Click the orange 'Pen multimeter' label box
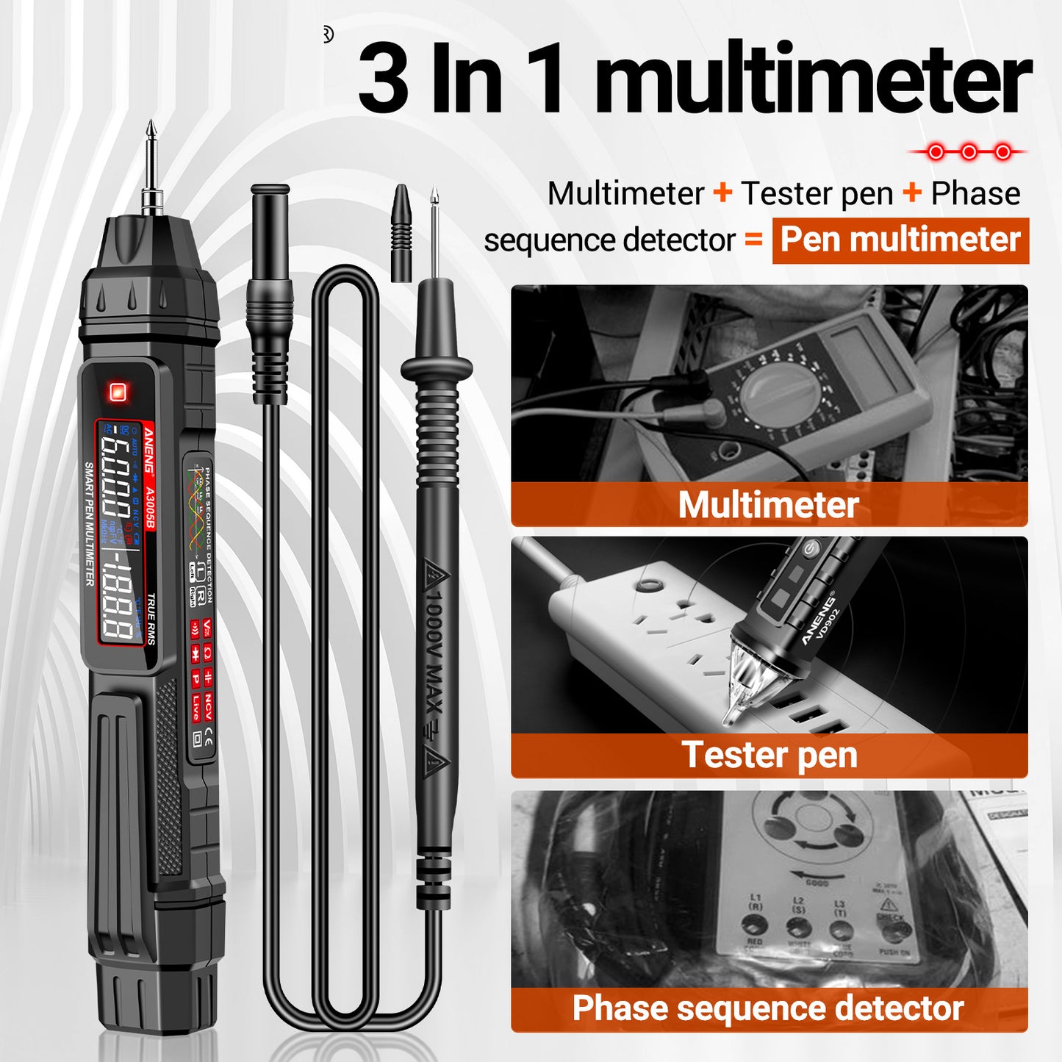coord(900,240)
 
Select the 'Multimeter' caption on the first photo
coord(768,505)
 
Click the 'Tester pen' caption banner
coord(769,755)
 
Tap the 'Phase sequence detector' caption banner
coord(768,1008)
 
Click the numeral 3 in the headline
coord(383,79)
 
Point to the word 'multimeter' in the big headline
coord(813,79)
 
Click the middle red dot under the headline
coord(969,152)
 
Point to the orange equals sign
coord(754,240)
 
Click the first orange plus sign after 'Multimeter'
coord(723,193)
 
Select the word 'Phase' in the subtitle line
coord(975,194)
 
